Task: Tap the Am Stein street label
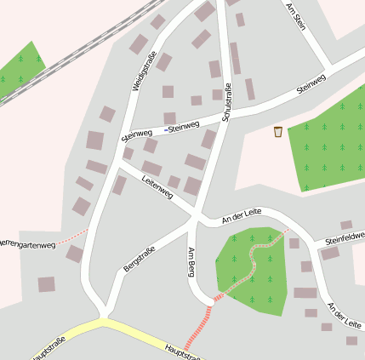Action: tap(296, 16)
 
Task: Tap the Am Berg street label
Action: tap(191, 262)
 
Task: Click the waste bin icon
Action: tap(278, 131)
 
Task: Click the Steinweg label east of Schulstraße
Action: tap(311, 83)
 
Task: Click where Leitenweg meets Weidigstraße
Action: tap(117, 167)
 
